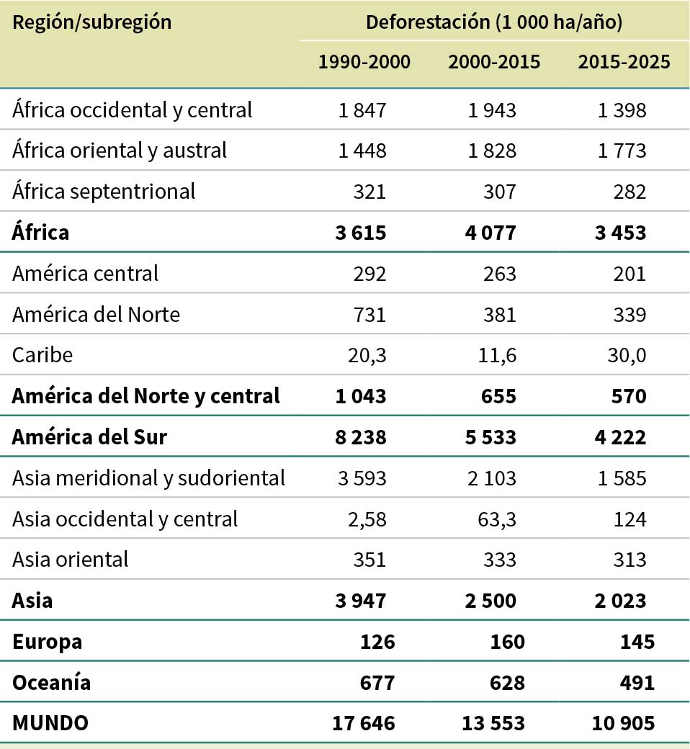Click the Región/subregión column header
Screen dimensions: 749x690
(91, 22)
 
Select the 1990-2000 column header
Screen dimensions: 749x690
(364, 62)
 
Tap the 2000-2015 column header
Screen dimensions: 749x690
(494, 62)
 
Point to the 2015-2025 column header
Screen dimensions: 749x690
(624, 62)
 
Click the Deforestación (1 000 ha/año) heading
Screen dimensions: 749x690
(494, 22)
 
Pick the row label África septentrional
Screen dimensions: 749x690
(104, 192)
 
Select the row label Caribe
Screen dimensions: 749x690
(42, 355)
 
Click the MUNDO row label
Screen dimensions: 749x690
(50, 723)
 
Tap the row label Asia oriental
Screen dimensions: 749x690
(71, 559)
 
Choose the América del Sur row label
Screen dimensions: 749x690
(89, 436)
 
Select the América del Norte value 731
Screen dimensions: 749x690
(371, 315)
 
